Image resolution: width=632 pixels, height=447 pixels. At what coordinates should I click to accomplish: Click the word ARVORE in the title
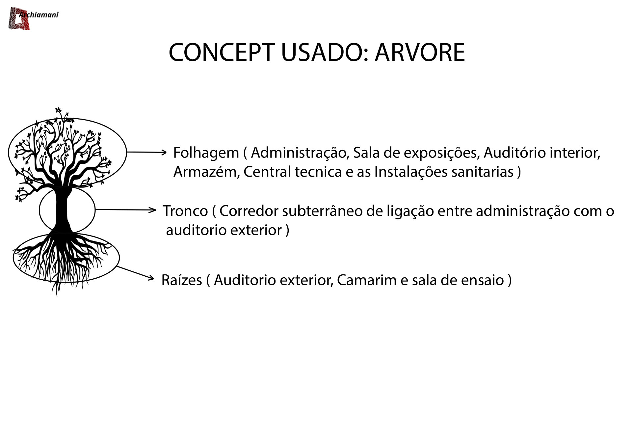click(x=420, y=52)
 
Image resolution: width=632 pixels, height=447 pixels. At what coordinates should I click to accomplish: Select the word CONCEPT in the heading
click(x=222, y=52)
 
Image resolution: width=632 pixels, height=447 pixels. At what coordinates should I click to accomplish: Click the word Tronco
click(x=185, y=211)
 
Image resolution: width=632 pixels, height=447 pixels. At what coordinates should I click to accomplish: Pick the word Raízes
click(x=182, y=280)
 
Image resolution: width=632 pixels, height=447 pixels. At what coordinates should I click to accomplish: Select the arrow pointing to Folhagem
click(x=147, y=152)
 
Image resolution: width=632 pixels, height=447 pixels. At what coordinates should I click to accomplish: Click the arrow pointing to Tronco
click(x=125, y=210)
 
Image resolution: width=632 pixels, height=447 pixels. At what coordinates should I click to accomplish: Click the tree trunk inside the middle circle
click(x=62, y=210)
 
